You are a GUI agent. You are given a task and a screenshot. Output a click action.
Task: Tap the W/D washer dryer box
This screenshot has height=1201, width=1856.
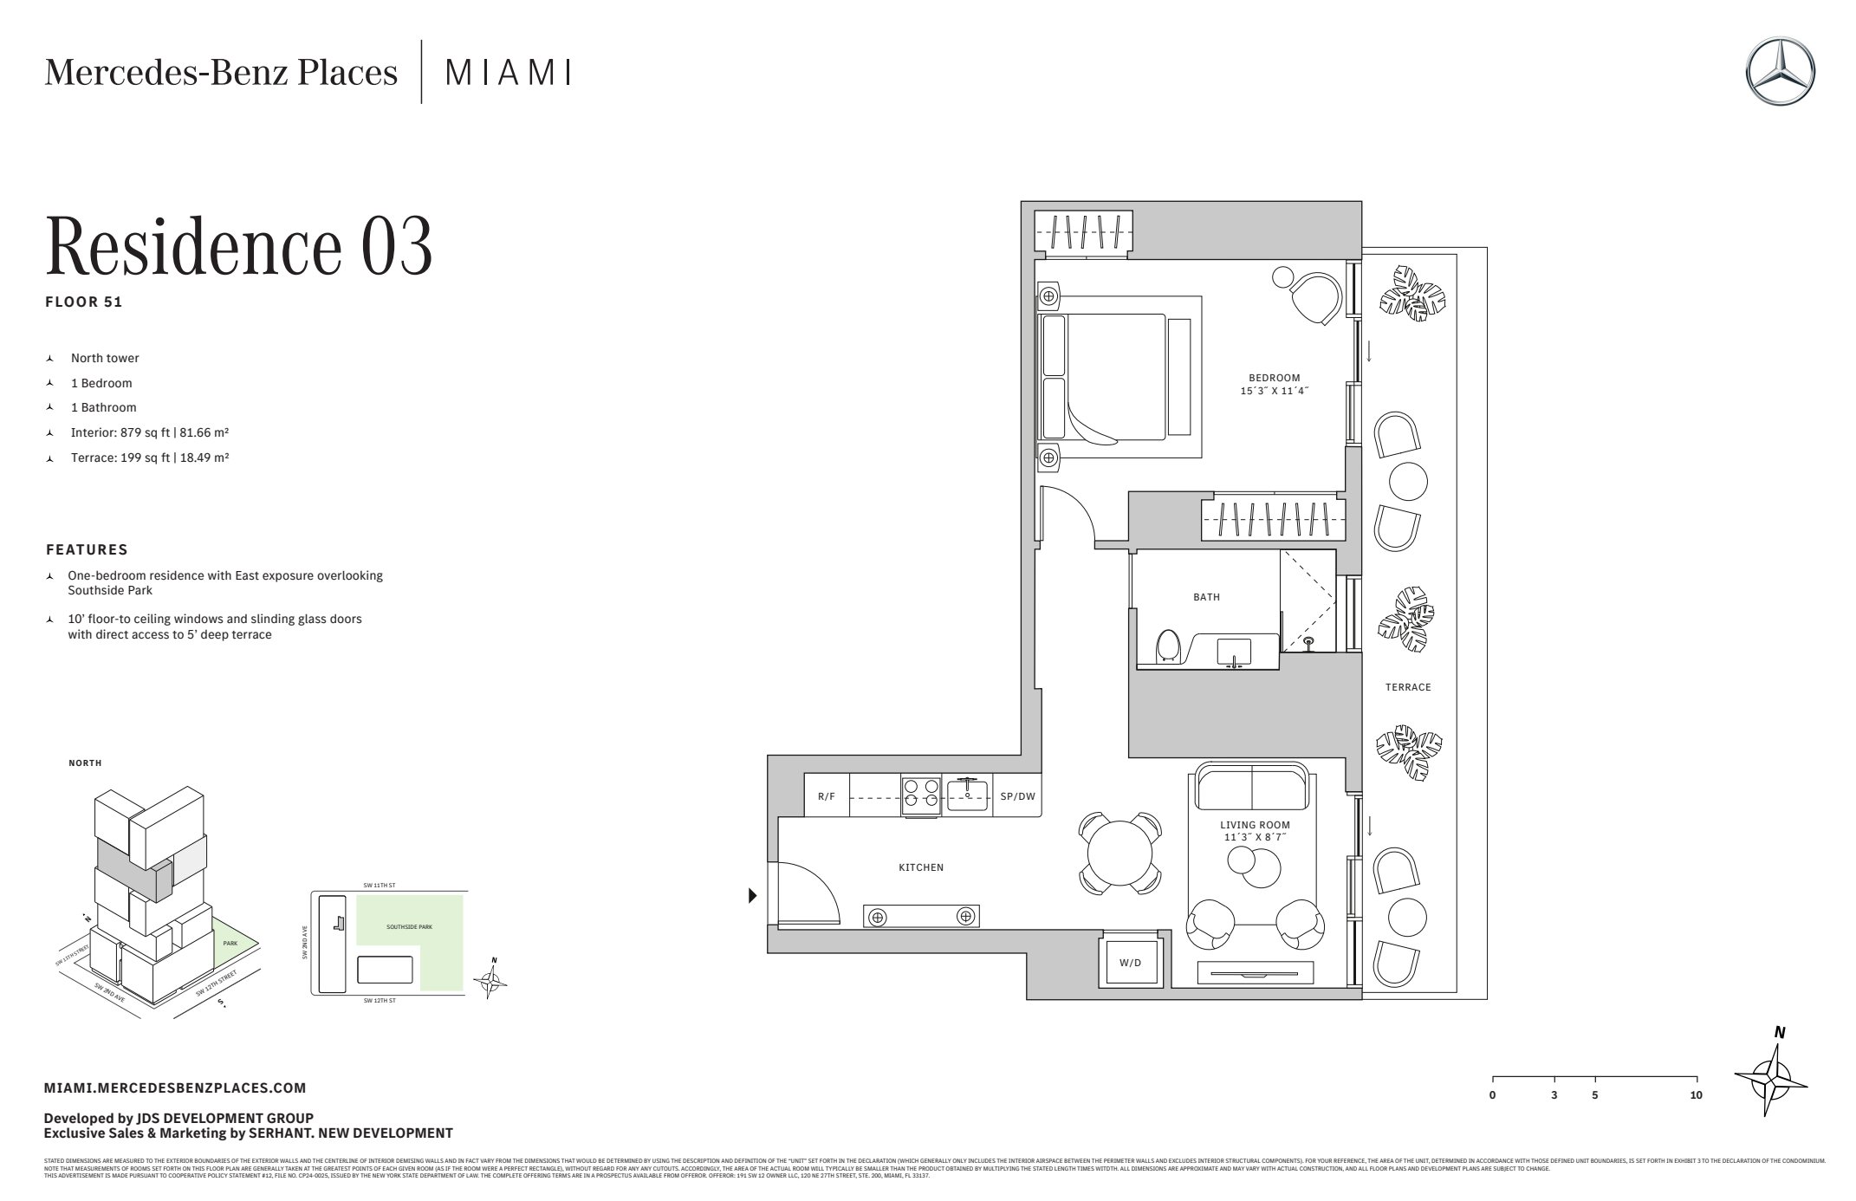coord(1130,963)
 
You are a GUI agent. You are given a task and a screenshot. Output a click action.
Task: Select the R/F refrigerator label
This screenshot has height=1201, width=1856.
coord(827,795)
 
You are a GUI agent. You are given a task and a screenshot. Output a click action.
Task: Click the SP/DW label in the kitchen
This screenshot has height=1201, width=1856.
coord(1017,795)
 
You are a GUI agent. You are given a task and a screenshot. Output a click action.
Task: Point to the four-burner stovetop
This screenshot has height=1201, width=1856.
coord(920,795)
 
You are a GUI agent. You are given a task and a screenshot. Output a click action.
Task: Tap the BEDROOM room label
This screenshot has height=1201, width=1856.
coord(1274,378)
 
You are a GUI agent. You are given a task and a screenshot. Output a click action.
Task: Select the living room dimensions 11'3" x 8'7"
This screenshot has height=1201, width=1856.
coord(1255,837)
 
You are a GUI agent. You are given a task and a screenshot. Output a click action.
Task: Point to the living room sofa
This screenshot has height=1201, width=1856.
coord(1253,787)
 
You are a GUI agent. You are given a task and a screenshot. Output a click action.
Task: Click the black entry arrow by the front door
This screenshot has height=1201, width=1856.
coord(753,896)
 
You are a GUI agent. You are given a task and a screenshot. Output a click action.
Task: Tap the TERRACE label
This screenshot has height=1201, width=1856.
coord(1407,687)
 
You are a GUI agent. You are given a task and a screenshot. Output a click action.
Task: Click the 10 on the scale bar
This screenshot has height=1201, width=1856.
coord(1696,1095)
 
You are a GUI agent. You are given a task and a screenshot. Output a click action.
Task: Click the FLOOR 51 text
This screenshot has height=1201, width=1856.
coord(84,302)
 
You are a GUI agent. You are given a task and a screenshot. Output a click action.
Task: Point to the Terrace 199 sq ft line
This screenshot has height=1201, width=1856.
coord(149,458)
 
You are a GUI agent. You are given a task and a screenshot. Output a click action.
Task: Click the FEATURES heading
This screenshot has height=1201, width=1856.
coord(87,549)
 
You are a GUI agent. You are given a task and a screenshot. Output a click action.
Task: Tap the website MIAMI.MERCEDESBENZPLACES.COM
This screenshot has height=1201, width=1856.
coord(175,1087)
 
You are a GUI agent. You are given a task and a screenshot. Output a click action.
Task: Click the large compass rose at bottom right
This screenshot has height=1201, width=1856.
coord(1770,1080)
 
